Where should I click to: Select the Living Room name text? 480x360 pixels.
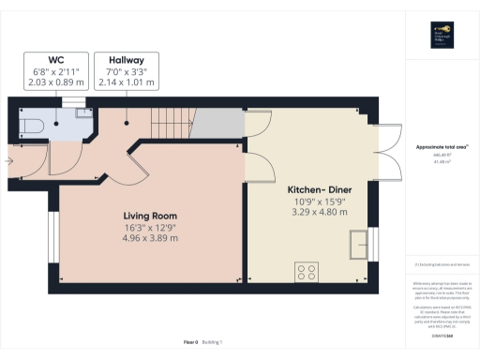pos(151,214)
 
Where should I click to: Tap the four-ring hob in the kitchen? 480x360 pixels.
pos(306,273)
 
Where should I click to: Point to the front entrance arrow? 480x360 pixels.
pos(8,160)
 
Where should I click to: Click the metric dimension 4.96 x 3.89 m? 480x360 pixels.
pos(151,238)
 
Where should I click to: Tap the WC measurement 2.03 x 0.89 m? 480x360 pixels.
pos(55,82)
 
